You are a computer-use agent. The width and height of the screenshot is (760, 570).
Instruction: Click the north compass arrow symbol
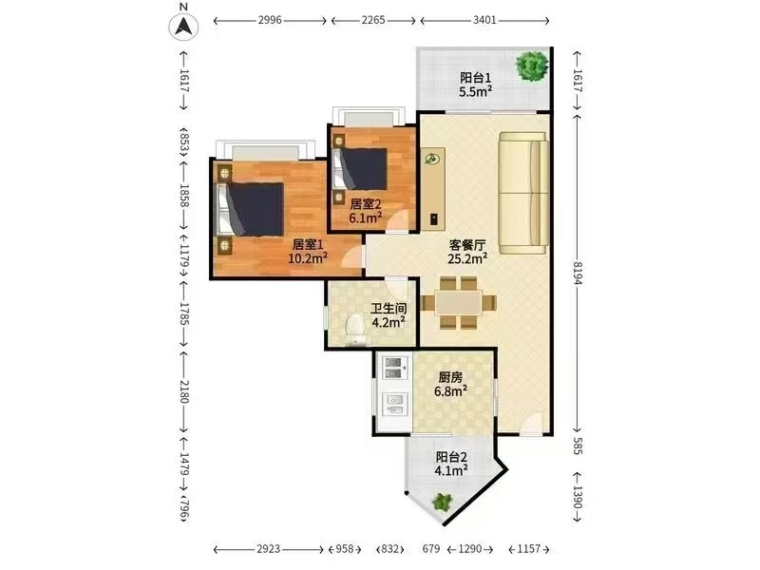click(x=183, y=26)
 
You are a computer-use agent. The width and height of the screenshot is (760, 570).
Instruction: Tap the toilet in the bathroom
click(x=355, y=330)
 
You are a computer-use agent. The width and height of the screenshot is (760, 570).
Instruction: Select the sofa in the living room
click(x=524, y=193)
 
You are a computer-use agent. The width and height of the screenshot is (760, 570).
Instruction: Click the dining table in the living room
click(x=459, y=303)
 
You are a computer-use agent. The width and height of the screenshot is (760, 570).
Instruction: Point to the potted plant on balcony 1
click(x=532, y=65)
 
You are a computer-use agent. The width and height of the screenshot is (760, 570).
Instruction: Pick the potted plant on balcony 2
click(x=442, y=502)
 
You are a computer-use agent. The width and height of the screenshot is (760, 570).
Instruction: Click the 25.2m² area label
click(x=467, y=258)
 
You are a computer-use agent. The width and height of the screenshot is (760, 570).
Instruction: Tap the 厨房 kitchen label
click(x=450, y=376)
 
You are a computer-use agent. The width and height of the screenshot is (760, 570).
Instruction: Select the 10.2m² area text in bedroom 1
click(x=308, y=257)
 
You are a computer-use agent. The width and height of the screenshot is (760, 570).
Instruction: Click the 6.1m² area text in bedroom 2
click(x=366, y=218)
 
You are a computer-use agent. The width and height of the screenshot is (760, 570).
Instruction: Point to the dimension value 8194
click(x=577, y=273)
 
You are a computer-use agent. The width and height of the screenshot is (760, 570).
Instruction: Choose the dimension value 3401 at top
click(x=484, y=20)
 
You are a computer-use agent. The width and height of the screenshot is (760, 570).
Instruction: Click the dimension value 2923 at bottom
click(x=269, y=549)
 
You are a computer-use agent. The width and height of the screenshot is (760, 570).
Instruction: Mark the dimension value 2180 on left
click(x=184, y=391)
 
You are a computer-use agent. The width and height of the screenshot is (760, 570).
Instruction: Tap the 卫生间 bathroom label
click(x=389, y=308)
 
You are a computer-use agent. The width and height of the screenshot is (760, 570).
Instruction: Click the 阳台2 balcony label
click(x=451, y=457)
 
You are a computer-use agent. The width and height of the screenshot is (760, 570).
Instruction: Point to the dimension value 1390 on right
click(x=577, y=497)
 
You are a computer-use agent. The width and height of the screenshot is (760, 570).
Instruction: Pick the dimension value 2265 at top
click(x=373, y=20)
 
